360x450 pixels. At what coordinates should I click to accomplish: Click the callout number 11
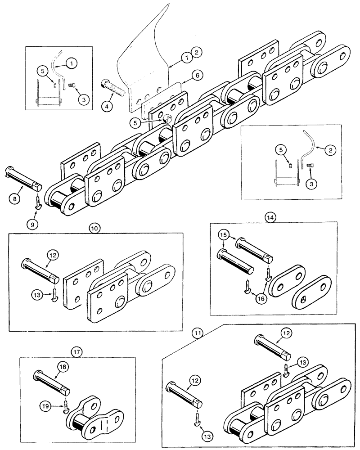196,333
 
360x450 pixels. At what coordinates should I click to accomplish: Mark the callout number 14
270,216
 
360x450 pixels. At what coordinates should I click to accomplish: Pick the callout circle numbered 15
223,235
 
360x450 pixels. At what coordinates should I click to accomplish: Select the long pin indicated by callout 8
23,179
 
